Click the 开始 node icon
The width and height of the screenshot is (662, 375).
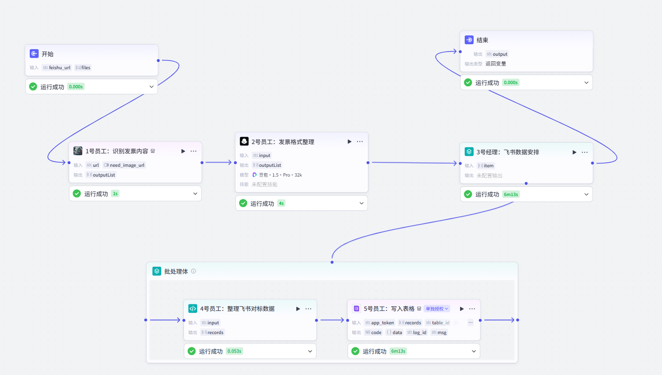coord(34,54)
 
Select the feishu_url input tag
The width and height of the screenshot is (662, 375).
coord(57,68)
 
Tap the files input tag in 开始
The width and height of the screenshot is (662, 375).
coord(83,68)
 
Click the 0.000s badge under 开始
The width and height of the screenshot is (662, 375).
coord(76,87)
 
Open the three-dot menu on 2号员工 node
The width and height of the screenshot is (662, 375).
coord(360,142)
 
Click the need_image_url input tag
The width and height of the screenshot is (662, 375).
coord(124,165)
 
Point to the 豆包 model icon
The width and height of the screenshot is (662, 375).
coord(254,175)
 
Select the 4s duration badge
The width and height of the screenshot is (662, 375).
coord(281,204)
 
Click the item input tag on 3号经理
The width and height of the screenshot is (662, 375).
coord(486,165)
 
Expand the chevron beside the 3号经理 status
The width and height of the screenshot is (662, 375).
coord(586,194)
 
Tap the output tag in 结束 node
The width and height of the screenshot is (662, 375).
coord(497,54)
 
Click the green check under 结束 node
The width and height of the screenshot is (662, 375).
coord(468,83)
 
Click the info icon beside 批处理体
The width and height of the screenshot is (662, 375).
coord(194,271)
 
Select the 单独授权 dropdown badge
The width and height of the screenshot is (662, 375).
coord(437,309)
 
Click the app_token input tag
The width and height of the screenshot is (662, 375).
coord(380,323)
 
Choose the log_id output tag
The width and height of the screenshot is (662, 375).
coord(417,332)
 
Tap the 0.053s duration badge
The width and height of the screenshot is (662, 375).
coord(234,351)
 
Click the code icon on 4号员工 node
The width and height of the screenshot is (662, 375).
coord(193,309)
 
